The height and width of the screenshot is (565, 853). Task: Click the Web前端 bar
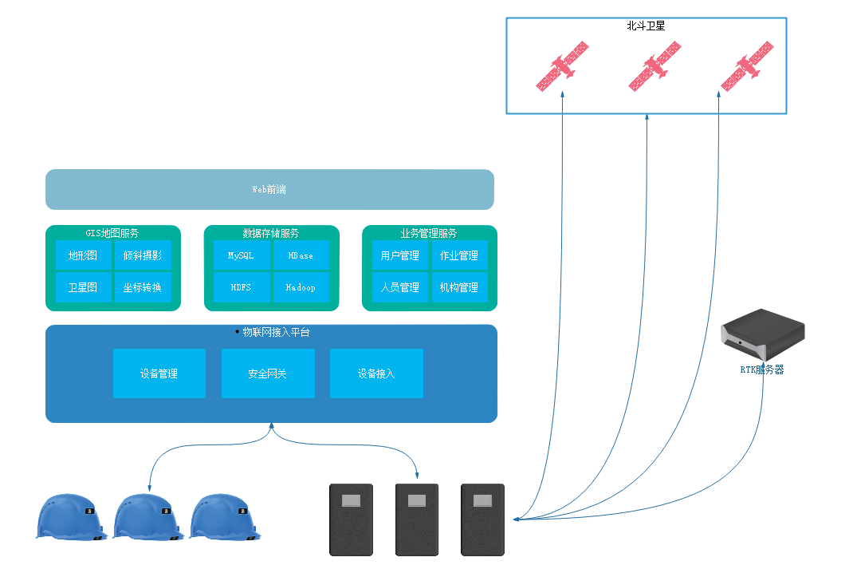(269, 189)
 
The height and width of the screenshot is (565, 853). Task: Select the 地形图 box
(83, 255)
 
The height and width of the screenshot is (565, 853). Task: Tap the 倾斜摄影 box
(143, 255)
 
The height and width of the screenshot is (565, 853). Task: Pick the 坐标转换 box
(143, 287)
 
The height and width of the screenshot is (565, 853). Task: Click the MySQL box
(241, 255)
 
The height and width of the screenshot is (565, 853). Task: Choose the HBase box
(301, 255)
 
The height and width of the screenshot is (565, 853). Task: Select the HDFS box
(241, 287)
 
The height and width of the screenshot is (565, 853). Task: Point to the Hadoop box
(301, 287)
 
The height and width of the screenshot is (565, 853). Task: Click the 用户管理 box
(399, 255)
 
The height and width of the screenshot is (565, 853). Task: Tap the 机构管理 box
(459, 287)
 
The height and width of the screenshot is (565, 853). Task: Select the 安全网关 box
(268, 373)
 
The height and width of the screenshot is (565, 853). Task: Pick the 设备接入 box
(376, 373)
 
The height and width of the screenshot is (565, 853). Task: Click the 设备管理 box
(159, 373)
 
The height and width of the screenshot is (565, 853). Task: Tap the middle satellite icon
(655, 65)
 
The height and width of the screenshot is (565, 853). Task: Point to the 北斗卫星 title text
(646, 26)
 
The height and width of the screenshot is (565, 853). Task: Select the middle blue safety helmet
(148, 517)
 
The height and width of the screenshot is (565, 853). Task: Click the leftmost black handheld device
(352, 519)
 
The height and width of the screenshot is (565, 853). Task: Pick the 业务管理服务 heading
(429, 233)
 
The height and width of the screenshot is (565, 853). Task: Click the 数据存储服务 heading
(271, 233)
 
